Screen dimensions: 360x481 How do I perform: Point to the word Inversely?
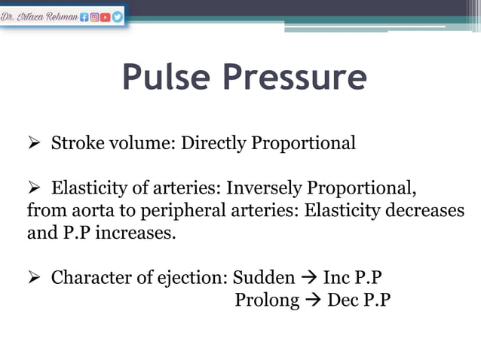pyautogui.click(x=259, y=188)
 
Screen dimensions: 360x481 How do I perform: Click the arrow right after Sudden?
pyautogui.click(x=309, y=278)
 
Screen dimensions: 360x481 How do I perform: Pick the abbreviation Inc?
pyautogui.click(x=336, y=277)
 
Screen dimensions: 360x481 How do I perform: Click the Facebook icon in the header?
pyautogui.click(x=85, y=16)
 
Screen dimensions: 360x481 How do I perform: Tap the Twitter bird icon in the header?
pyautogui.click(x=118, y=16)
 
